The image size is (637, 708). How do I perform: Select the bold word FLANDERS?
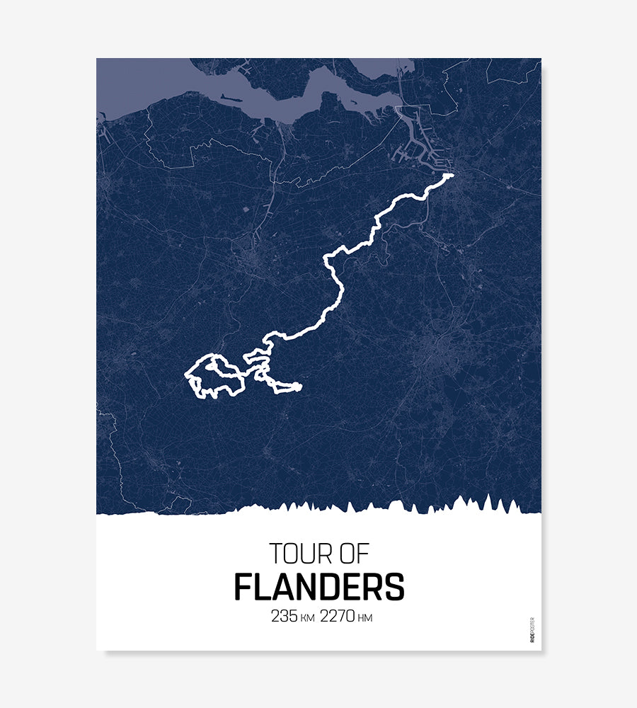point(319,587)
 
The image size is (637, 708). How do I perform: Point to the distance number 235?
point(285,616)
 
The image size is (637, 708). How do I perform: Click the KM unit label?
point(307,618)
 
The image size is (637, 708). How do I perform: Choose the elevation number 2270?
point(337,616)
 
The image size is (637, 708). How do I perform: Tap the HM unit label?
point(365,618)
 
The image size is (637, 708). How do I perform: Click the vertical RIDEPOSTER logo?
point(532,629)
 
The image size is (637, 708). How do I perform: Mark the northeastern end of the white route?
point(450,175)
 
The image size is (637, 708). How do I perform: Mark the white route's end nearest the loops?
point(299,387)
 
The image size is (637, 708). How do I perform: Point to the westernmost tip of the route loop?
point(186,373)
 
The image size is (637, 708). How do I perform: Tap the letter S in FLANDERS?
point(395,587)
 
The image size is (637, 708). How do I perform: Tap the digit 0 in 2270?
point(350,616)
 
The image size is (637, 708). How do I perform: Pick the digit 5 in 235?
point(292,616)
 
